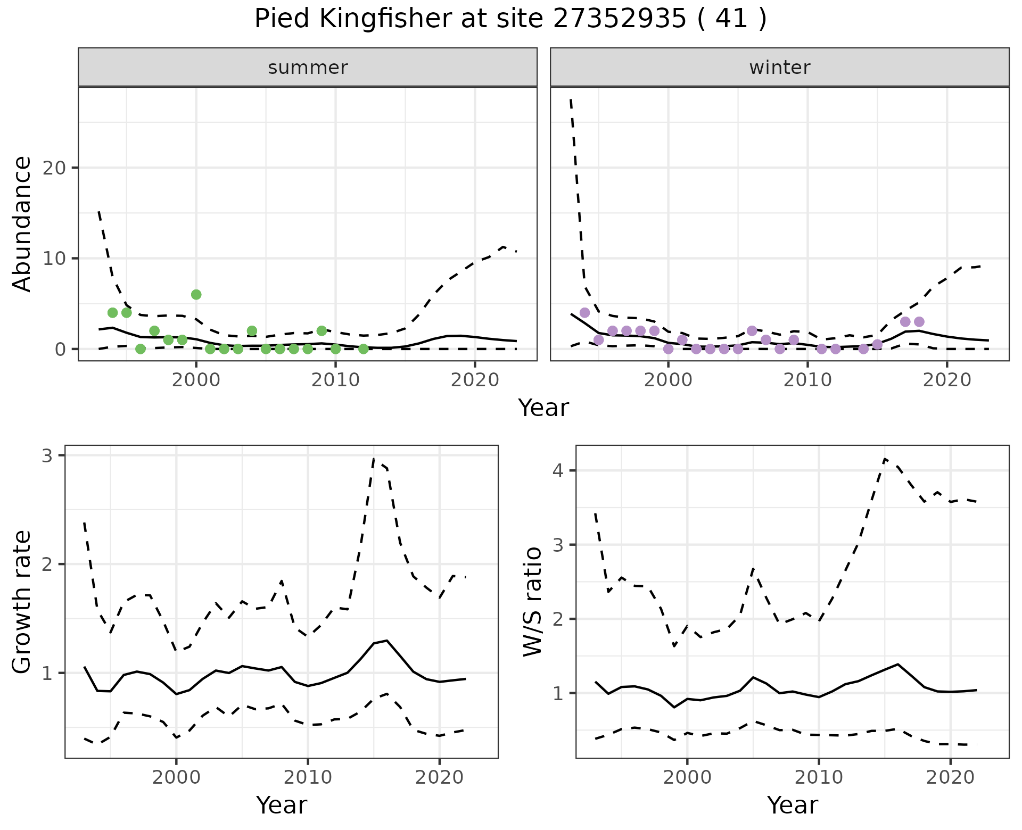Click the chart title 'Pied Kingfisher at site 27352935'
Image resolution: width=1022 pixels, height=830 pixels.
[510, 19]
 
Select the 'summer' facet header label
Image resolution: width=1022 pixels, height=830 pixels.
[308, 68]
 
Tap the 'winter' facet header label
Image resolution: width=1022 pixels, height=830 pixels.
[779, 68]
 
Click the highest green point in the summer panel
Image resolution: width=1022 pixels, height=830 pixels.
[196, 295]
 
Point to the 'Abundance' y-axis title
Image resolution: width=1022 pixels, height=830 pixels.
[22, 224]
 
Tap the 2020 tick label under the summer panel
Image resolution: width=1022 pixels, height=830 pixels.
[475, 380]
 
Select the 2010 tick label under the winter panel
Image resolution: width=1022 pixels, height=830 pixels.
[807, 380]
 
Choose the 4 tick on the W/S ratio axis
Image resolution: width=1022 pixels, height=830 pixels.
[559, 470]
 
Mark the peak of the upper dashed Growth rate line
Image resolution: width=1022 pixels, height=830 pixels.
[374, 458]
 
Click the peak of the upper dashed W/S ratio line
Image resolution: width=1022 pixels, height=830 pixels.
[885, 458]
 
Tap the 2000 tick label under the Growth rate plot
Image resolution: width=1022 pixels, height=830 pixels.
[176, 777]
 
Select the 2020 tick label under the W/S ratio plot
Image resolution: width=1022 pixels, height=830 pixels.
[951, 777]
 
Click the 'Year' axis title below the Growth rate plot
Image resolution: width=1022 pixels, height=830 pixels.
[282, 806]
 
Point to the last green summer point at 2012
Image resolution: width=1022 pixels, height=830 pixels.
[363, 349]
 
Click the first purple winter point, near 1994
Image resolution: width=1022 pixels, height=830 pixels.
[584, 312]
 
